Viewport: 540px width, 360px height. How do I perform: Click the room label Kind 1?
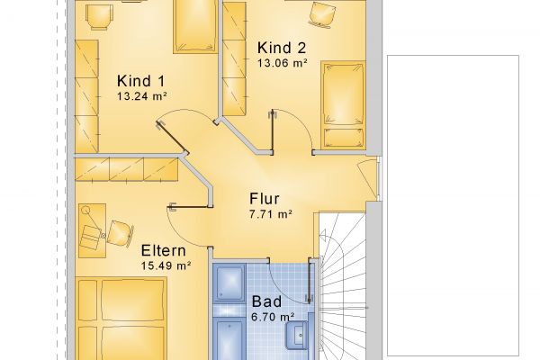coord(141,81)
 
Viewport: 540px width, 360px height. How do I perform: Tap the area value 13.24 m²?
coord(142,96)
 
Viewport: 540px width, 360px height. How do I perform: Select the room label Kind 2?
coord(282,48)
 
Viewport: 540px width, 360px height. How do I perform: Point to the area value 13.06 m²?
coord(283,63)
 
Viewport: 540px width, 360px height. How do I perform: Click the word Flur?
coord(264,199)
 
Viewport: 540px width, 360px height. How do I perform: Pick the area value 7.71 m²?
coord(271,214)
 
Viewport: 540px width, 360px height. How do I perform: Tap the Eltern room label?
coord(163,250)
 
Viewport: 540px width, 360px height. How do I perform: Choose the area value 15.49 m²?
coord(166,266)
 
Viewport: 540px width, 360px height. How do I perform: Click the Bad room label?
coord(266,301)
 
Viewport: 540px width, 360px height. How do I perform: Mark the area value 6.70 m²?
coord(273,317)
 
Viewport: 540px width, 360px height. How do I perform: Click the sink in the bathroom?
coord(296,335)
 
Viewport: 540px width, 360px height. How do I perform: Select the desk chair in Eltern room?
coord(120,233)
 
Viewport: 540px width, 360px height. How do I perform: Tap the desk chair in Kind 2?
coord(322,14)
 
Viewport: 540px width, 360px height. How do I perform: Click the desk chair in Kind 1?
coord(99,16)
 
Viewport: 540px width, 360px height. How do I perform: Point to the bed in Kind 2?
coord(343,104)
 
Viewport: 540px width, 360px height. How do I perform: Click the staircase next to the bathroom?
coord(342,286)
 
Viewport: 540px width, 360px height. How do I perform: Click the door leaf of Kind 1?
coord(172,137)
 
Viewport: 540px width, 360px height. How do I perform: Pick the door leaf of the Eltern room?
coord(189,207)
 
